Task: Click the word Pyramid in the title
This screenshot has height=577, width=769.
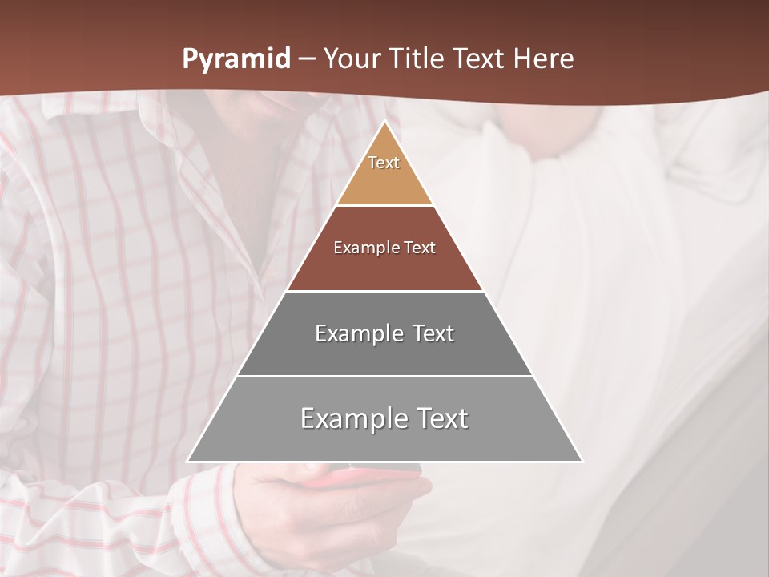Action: click(236, 59)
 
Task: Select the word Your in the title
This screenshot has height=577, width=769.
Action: click(348, 59)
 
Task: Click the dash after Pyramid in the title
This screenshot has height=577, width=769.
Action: click(306, 60)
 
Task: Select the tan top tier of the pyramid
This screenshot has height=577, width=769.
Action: click(384, 180)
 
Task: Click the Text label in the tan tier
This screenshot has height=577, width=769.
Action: click(384, 163)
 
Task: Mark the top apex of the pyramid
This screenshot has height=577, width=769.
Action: click(384, 123)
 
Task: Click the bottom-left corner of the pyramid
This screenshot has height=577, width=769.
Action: click(187, 461)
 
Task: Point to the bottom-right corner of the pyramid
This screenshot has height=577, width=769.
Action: click(582, 461)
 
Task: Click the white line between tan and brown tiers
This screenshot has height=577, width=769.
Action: click(384, 205)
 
